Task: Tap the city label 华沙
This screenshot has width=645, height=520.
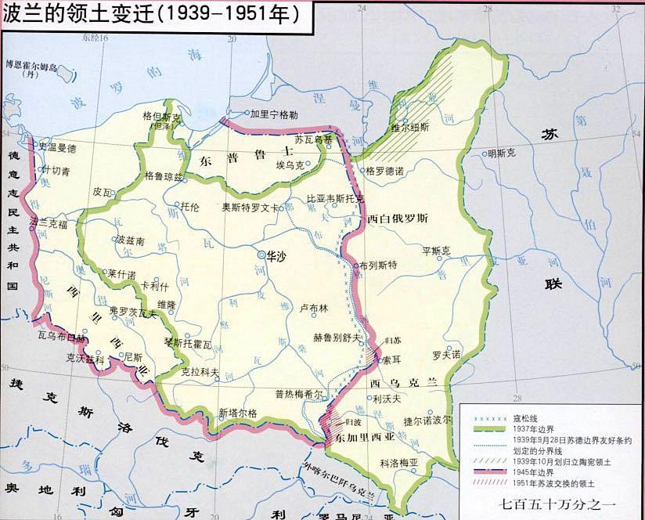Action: point(276,255)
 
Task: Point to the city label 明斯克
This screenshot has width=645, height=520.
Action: point(501,153)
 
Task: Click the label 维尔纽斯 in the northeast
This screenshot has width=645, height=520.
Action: point(410,126)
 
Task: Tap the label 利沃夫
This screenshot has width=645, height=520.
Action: point(387,399)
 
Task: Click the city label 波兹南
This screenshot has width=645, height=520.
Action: point(130,240)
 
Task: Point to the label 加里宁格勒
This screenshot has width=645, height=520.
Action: point(273,114)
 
